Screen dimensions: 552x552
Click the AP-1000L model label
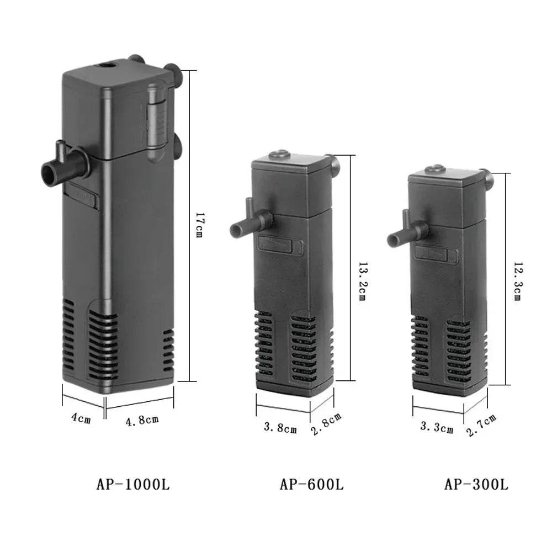tap(132, 485)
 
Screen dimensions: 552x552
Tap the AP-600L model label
tap(311, 485)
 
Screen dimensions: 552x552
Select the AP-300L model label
tap(476, 485)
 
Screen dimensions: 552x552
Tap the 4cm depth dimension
tap(81, 418)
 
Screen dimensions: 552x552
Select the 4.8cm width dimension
tap(142, 421)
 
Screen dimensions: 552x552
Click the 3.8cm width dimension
tap(280, 427)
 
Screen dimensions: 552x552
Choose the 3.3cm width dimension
tap(436, 427)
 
